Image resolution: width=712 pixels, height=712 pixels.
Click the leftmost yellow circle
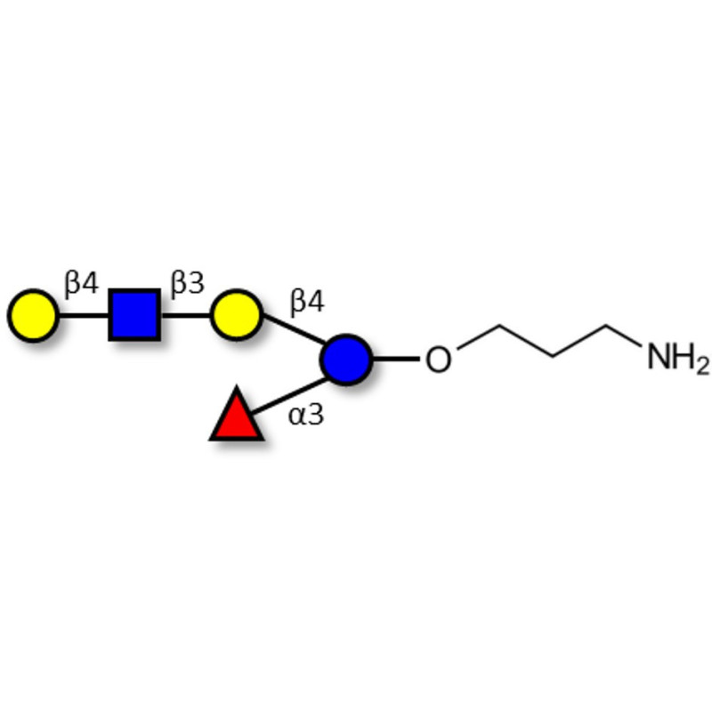(33, 315)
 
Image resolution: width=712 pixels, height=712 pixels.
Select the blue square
(134, 315)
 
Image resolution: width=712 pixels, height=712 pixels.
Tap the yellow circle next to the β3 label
(237, 315)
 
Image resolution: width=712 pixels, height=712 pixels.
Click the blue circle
(346, 360)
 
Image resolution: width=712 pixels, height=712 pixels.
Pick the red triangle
(236, 415)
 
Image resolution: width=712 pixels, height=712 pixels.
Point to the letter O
(438, 360)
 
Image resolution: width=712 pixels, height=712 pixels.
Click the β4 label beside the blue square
(82, 283)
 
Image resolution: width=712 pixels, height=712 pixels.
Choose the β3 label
(188, 283)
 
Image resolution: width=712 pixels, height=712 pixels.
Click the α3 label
(306, 415)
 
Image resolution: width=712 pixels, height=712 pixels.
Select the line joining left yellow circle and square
(84, 315)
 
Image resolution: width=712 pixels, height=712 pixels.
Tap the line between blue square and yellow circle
(186, 315)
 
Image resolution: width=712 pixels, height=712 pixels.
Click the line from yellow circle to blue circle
(294, 328)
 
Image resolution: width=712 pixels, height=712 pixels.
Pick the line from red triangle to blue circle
(288, 396)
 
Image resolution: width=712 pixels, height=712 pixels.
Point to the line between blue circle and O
(396, 360)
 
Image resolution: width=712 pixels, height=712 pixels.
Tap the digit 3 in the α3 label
(316, 415)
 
